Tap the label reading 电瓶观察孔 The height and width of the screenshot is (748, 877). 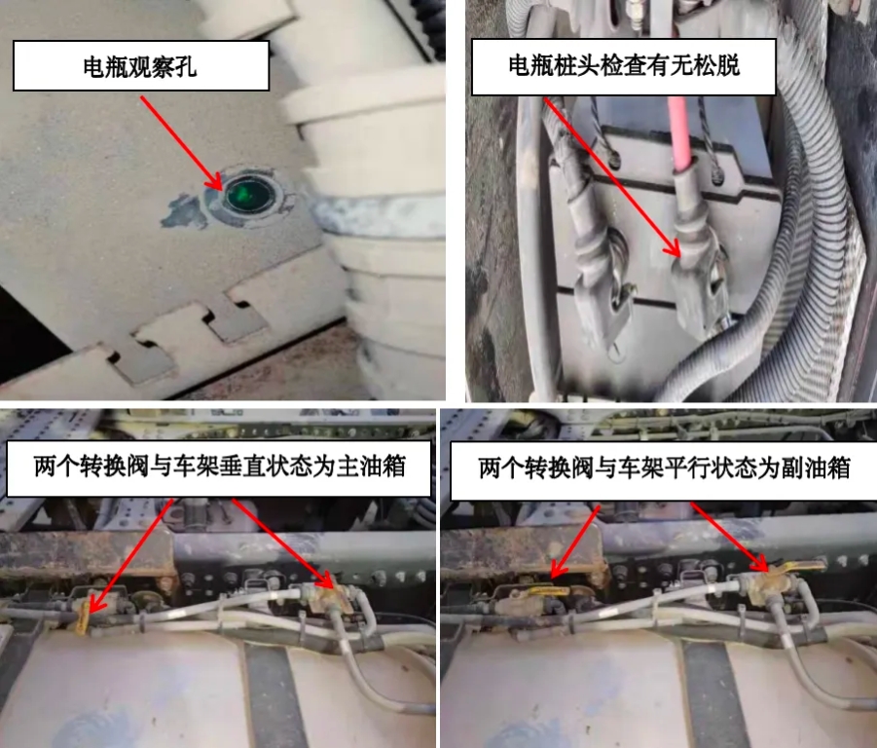pos(140,66)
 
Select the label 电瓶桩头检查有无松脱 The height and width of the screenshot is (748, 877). pos(624,65)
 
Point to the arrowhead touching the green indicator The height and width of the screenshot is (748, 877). pos(215,181)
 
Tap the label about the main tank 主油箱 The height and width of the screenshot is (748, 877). pos(219,467)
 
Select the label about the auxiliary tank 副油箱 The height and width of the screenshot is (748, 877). pos(665,467)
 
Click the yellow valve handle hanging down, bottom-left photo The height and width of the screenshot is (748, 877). pos(83,617)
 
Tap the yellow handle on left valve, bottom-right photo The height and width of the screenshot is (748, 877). pos(547,589)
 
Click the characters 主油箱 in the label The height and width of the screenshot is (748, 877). pos(371,467)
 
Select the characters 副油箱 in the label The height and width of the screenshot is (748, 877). pos(817,467)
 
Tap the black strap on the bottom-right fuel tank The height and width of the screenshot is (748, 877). pos(716,693)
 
